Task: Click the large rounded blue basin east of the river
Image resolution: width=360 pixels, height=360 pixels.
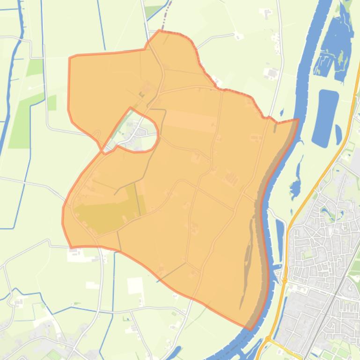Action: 324,111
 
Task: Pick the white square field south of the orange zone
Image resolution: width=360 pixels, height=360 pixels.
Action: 135,285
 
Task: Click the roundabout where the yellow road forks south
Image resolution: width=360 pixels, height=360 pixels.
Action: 268,338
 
